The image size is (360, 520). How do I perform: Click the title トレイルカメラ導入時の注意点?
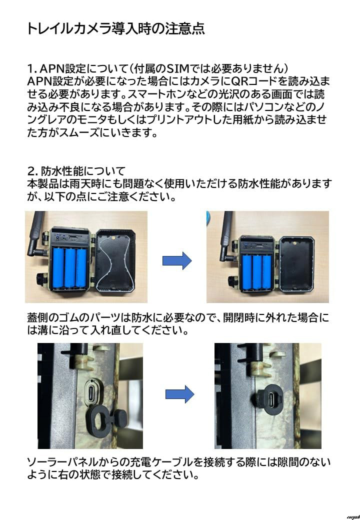pos(115,28)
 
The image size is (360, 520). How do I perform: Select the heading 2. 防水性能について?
pos(76,171)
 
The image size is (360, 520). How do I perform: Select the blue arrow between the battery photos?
pos(177,260)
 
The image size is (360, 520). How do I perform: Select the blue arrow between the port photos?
pos(178,393)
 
